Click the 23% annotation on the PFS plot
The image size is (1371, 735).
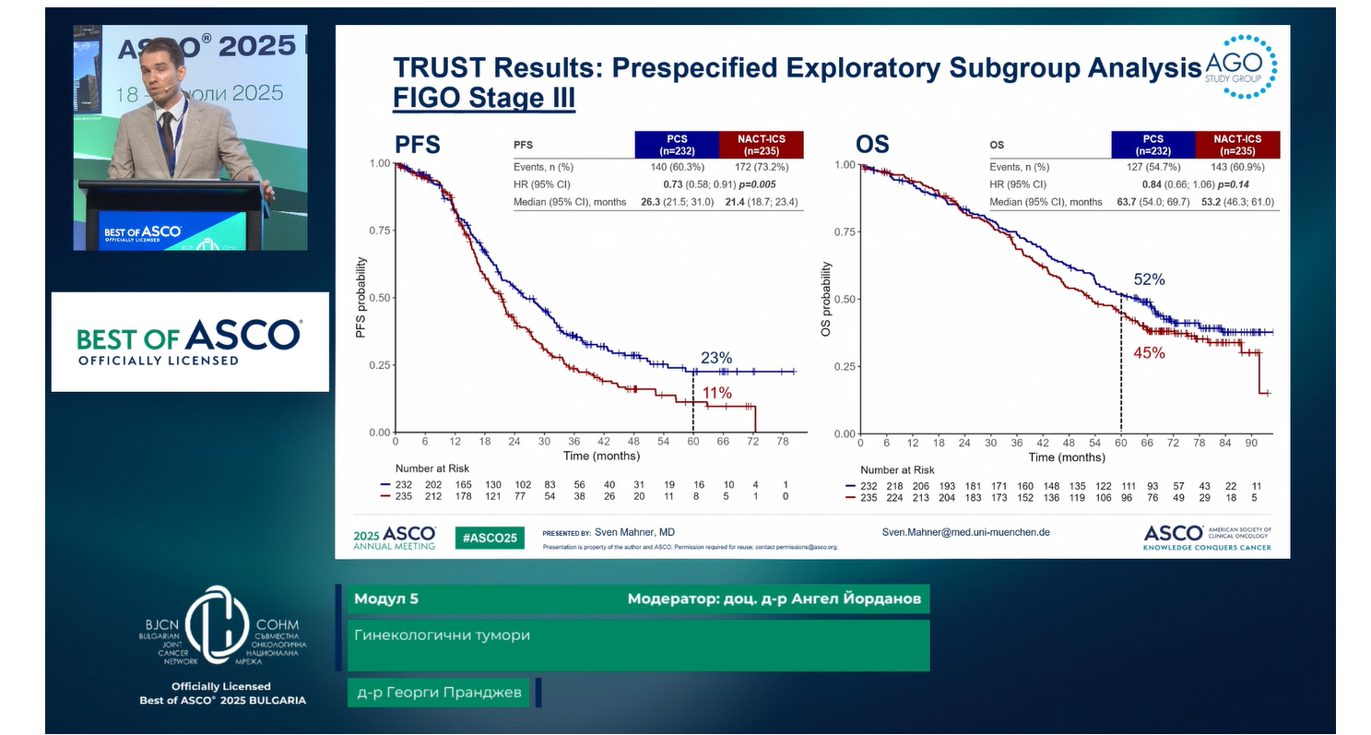coord(715,358)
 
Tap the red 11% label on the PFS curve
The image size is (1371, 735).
coord(717,394)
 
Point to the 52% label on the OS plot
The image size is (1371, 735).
coord(1149,279)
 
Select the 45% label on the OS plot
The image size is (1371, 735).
coord(1149,352)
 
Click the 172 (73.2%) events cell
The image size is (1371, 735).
coord(761,167)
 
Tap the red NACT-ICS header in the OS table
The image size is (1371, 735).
coord(1236,145)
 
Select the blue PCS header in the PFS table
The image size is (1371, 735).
coord(676,145)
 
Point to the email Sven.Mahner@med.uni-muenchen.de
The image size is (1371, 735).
coord(965,532)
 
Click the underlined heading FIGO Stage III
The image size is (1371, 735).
coord(484,98)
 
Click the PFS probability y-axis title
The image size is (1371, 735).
coord(362,299)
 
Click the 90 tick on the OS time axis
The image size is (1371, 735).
coord(1250,443)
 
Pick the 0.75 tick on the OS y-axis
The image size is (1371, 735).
coord(844,232)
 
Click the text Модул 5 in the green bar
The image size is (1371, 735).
coord(385,599)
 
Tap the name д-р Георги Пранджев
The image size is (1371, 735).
coord(438,693)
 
